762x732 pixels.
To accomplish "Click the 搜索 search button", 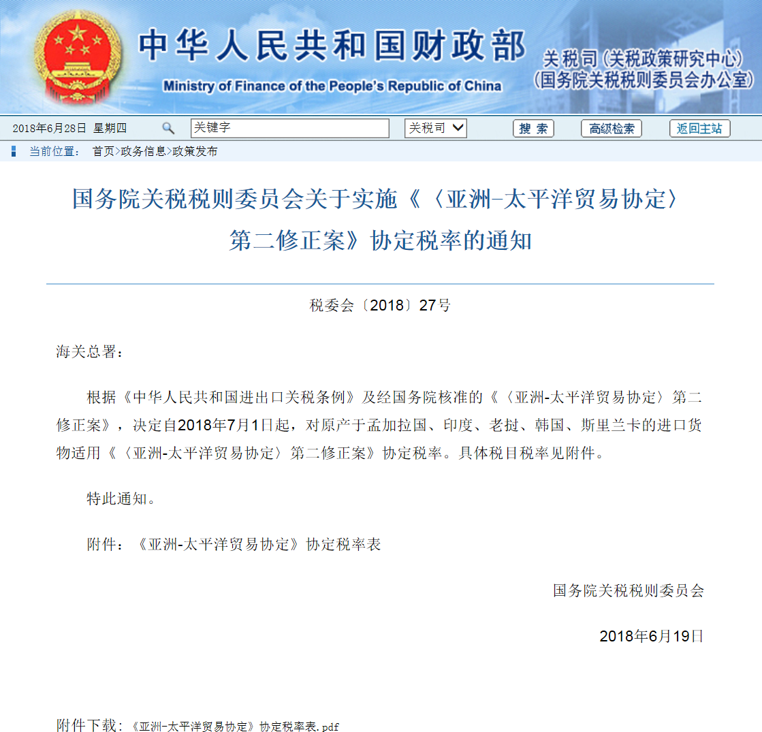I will click(533, 129).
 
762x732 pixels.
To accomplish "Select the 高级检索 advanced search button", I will click(611, 129).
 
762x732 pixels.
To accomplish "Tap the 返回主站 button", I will click(699, 129).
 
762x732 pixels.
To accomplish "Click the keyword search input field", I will click(289, 128).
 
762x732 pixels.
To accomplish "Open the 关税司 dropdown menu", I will click(436, 128).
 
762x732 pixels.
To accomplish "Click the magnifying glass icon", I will click(168, 128).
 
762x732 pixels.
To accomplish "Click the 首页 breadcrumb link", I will click(104, 151).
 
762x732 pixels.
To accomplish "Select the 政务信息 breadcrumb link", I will click(143, 151).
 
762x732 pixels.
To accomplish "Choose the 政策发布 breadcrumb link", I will click(195, 151).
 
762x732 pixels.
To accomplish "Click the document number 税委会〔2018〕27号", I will click(380, 306).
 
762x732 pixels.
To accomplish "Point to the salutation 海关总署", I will click(88, 352).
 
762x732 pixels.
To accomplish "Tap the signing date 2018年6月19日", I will click(651, 636).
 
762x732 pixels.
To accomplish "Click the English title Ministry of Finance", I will click(332, 86).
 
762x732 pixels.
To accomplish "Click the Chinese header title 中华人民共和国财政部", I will click(332, 46).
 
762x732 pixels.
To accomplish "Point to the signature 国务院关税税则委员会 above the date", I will click(628, 590).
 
